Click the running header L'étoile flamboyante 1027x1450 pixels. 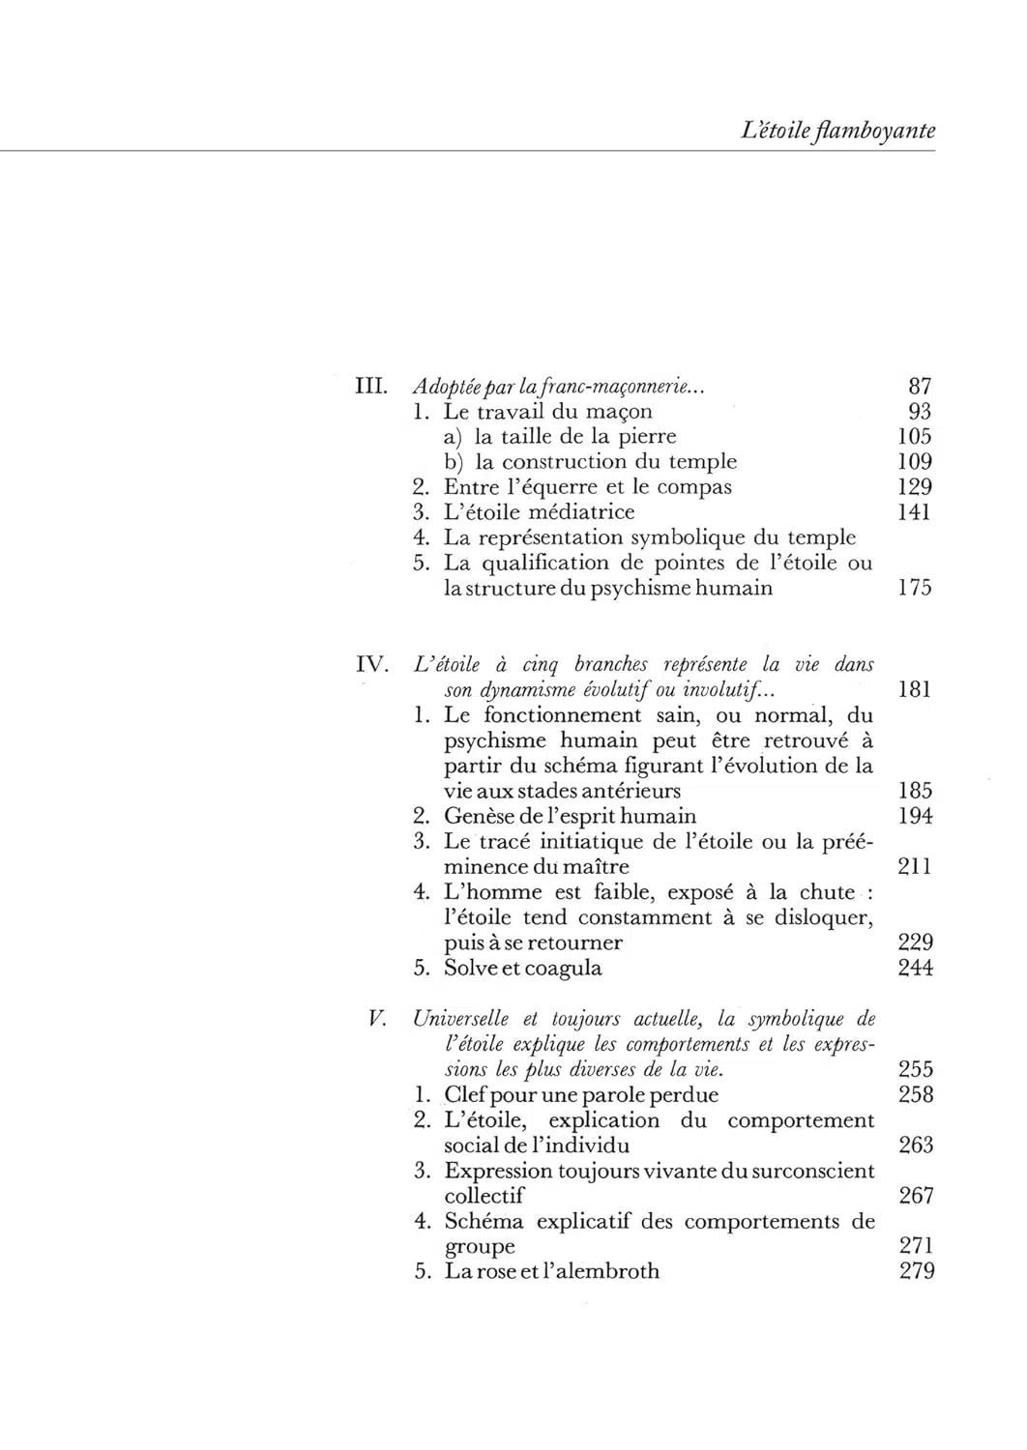pos(836,131)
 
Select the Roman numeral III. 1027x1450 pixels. pos(372,387)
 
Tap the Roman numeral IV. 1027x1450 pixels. pos(372,665)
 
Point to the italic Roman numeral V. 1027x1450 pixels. pos(378,1019)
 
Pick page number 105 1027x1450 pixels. pos(914,437)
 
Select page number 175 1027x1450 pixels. pos(914,588)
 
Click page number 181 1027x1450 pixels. pos(914,690)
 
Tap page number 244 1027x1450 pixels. pos(915,968)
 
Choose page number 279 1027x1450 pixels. pos(916,1270)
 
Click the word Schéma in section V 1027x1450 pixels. pos(484,1221)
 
